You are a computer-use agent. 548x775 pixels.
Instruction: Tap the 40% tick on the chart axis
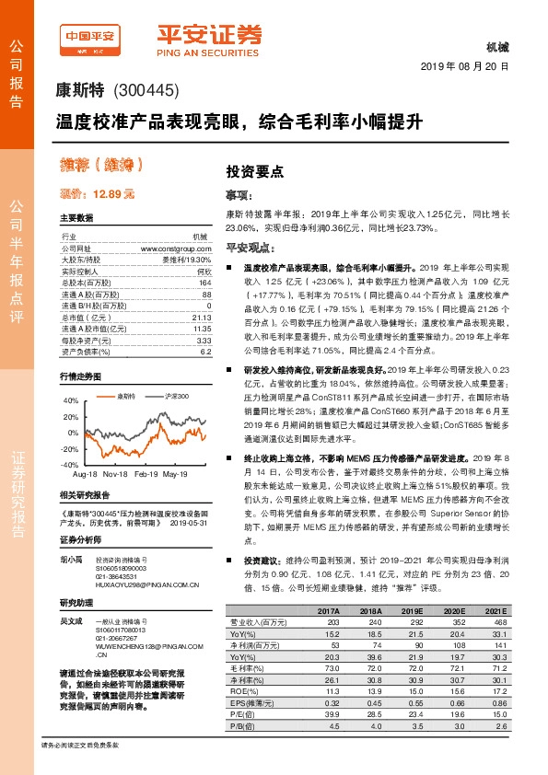71,401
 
